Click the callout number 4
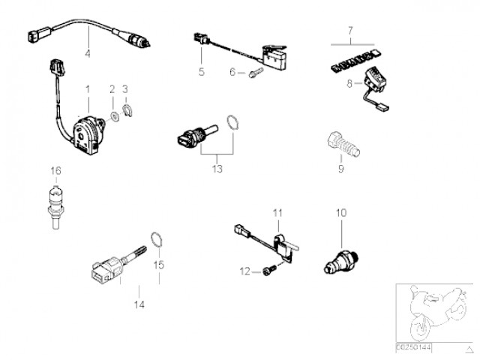pos(88,53)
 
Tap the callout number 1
pos(88,89)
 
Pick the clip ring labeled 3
pos(127,115)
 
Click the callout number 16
pos(55,170)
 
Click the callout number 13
pos(217,169)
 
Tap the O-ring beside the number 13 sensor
pos(234,123)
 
